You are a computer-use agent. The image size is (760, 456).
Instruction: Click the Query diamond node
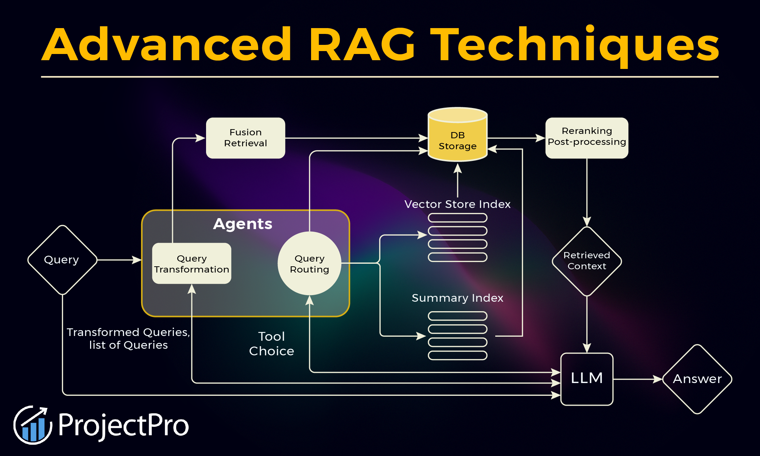(62, 260)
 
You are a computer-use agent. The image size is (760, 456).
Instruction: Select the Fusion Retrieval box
(245, 138)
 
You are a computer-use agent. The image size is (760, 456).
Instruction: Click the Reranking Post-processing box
(586, 137)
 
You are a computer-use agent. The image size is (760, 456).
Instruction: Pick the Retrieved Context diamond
(586, 261)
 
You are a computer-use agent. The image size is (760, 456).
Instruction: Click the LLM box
(586, 379)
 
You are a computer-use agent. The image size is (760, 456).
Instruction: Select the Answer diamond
(697, 379)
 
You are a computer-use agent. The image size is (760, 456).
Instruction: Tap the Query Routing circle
(309, 263)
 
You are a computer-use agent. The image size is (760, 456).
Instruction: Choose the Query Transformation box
(191, 263)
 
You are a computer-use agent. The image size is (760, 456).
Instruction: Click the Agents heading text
(243, 224)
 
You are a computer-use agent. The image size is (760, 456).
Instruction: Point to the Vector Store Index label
(457, 204)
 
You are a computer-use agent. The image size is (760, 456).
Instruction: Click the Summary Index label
(457, 298)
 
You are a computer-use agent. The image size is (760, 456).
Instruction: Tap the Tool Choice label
(271, 343)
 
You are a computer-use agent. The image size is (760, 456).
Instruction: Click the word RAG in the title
(362, 45)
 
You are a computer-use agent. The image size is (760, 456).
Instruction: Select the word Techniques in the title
(576, 45)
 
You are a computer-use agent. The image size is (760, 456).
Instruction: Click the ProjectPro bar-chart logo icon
(33, 425)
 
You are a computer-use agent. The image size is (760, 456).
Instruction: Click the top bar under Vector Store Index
(457, 218)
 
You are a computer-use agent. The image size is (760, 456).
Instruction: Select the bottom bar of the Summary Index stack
(457, 355)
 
